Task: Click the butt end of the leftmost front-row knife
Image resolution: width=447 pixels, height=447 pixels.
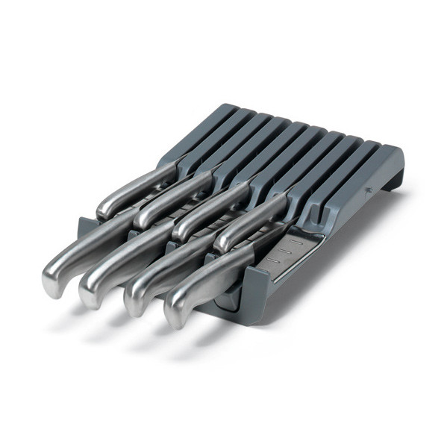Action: tap(54, 268)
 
